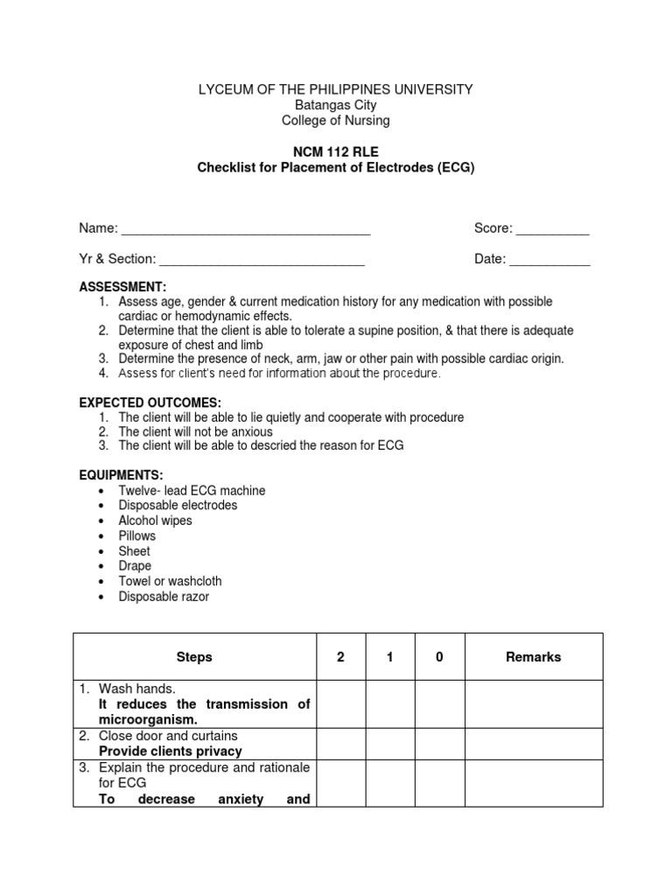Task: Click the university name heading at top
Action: click(336, 89)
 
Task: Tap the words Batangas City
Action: click(336, 105)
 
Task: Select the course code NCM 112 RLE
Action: click(336, 151)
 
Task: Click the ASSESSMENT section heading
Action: click(122, 287)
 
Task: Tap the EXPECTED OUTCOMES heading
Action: click(150, 402)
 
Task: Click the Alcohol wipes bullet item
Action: click(155, 521)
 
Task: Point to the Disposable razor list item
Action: click(164, 597)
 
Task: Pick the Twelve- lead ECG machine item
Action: click(192, 491)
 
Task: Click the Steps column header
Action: click(194, 657)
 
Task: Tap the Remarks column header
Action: click(533, 657)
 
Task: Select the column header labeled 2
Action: click(340, 657)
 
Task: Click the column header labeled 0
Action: click(439, 657)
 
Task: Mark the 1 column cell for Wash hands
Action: click(389, 704)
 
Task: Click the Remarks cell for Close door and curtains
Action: click(533, 744)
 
